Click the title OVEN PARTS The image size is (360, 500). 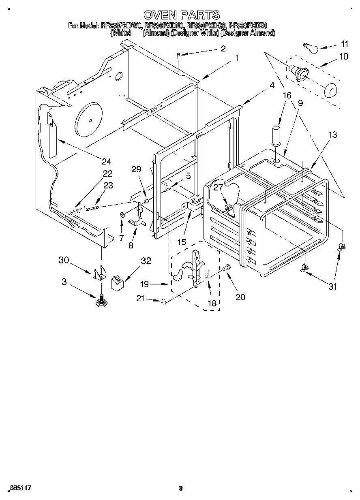tap(181, 15)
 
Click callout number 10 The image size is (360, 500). tap(343, 57)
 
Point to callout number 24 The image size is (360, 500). tap(106, 162)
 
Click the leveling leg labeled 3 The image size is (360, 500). tap(101, 301)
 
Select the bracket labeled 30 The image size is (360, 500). tap(99, 273)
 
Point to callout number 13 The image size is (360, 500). tap(332, 135)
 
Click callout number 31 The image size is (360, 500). tap(332, 286)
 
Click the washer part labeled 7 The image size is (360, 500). tap(122, 214)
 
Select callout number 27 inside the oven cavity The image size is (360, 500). tap(219, 188)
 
